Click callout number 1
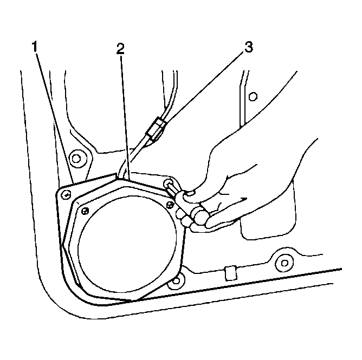(35, 47)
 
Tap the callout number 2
(120, 49)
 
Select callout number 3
(248, 47)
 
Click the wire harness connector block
(156, 129)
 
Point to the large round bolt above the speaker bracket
(76, 159)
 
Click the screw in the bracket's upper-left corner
(66, 195)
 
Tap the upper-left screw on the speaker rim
(85, 211)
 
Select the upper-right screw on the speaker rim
(170, 205)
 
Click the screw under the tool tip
(168, 184)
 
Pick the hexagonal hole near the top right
(253, 96)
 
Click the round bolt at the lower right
(285, 263)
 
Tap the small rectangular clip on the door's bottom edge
(231, 273)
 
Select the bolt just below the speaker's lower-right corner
(176, 280)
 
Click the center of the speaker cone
(127, 245)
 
